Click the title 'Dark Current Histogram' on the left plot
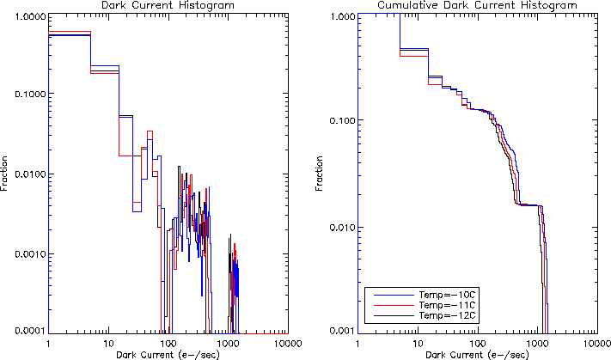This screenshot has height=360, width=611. (168, 5)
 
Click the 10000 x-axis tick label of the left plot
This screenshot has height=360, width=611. (287, 342)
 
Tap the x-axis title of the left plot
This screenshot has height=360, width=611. (168, 353)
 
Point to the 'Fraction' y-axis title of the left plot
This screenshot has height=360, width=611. (6, 172)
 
